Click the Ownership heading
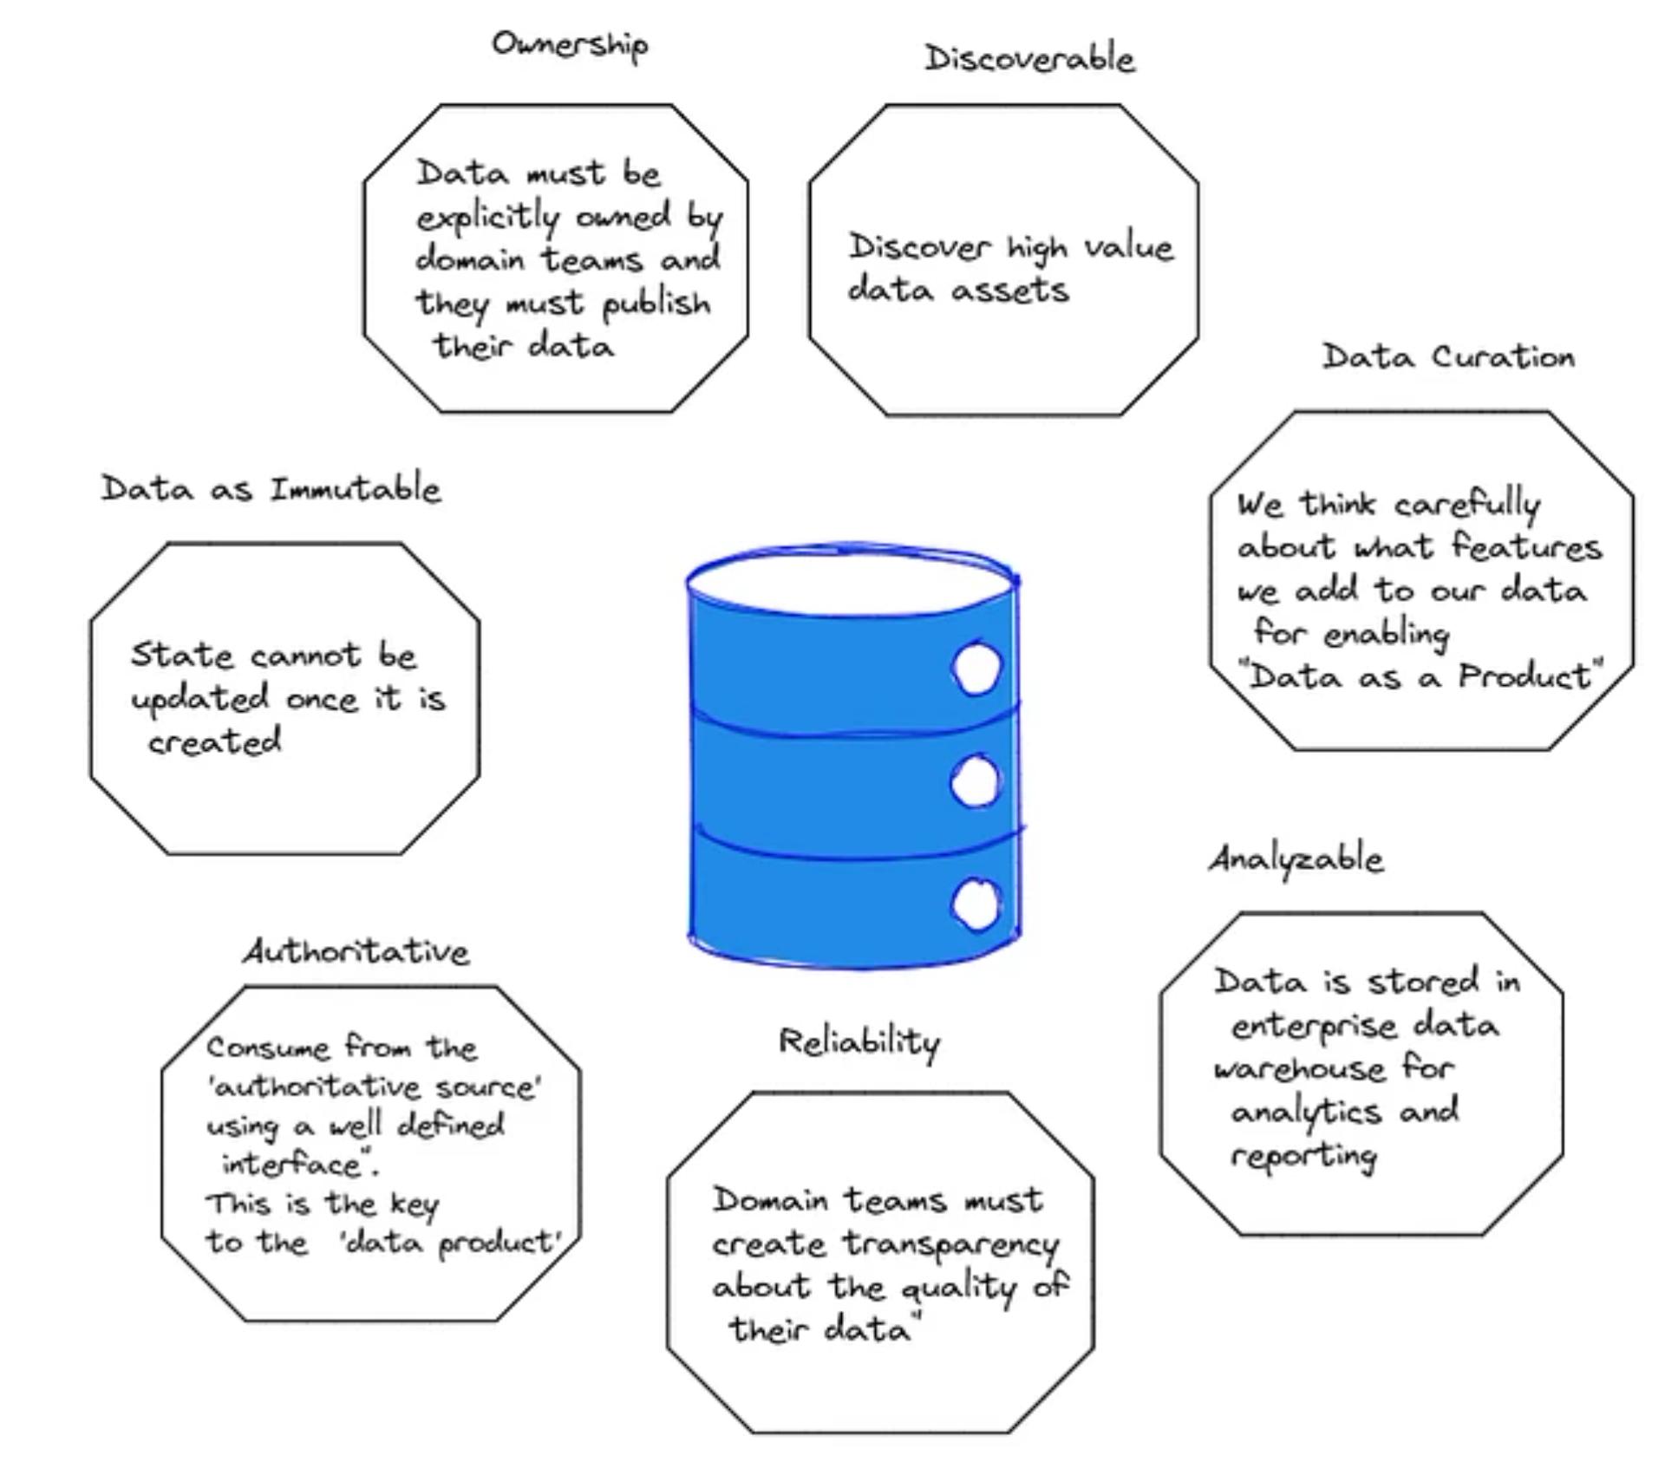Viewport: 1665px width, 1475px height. click(x=570, y=43)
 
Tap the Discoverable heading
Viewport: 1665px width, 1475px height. click(x=1029, y=58)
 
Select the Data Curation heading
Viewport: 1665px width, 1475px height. click(x=1447, y=356)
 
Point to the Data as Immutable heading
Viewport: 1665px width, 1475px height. click(x=271, y=489)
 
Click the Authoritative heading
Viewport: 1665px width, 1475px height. click(x=356, y=952)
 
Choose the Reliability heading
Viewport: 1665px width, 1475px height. click(x=859, y=1041)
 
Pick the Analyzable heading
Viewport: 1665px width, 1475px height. click(x=1296, y=859)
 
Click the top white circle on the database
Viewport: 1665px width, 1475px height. click(x=976, y=668)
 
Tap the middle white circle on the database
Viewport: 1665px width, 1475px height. click(x=976, y=781)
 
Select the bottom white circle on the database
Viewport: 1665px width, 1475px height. click(x=976, y=904)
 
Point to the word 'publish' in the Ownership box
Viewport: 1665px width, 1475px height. click(x=656, y=304)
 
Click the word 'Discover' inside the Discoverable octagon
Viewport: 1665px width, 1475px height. click(x=917, y=247)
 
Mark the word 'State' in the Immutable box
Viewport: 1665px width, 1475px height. click(x=182, y=655)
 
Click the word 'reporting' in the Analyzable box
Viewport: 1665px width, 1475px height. click(x=1303, y=1156)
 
